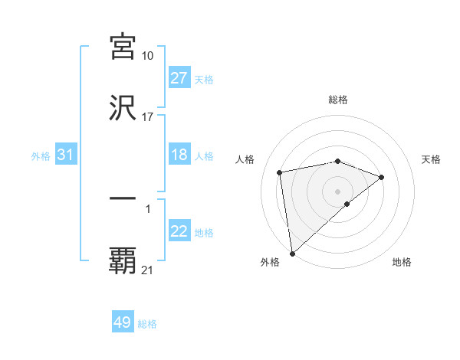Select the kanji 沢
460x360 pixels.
[123, 109]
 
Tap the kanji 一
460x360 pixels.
[123, 198]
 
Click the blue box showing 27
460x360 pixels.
[179, 78]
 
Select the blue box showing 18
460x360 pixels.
[179, 155]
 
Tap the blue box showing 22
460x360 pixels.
[179, 232]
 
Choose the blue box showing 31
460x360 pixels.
[65, 155]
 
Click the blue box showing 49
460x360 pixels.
[123, 322]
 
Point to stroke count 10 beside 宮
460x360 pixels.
[148, 56]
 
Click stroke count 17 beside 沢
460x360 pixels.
[148, 117]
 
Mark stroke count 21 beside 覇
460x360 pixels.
[148, 270]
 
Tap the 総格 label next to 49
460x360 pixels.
[148, 324]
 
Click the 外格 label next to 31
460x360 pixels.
[41, 155]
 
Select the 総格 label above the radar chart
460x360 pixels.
[337, 100]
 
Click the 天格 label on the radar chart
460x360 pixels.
[432, 159]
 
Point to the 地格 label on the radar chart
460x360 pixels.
[402, 262]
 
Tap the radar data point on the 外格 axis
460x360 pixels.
[291, 253]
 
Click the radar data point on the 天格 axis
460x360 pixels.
[382, 177]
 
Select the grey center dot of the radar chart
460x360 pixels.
[337, 191]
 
